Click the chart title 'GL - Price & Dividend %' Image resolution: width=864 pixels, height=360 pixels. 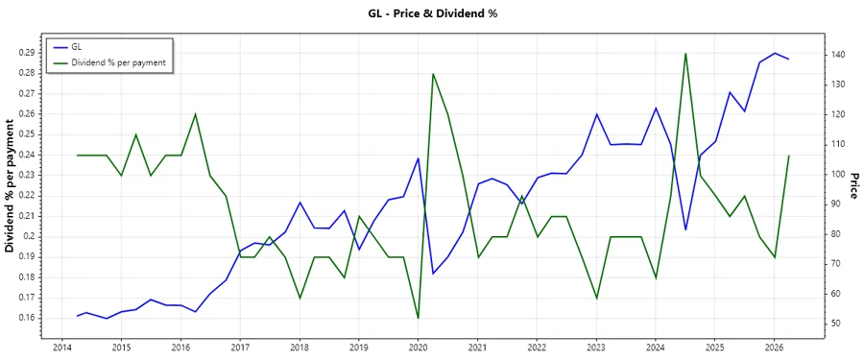[432, 13]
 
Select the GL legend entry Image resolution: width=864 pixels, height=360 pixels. [77, 47]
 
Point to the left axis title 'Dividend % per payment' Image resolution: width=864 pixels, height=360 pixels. [11, 186]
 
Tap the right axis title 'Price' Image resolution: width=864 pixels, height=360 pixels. [853, 186]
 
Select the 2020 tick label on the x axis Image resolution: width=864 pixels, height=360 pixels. [418, 347]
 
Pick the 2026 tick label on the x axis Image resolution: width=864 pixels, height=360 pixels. [774, 347]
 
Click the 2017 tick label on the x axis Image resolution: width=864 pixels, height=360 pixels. [240, 347]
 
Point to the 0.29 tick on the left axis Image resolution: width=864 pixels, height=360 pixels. [26, 52]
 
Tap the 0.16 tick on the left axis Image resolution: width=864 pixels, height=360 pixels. [26, 318]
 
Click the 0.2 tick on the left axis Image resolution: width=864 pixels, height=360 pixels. [29, 236]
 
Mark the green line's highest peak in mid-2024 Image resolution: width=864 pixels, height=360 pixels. [684, 54]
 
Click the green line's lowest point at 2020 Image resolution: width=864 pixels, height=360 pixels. [418, 318]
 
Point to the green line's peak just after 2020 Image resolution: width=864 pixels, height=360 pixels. [433, 74]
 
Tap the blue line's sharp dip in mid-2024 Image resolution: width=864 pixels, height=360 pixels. [684, 229]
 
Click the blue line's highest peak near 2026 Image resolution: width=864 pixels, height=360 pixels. [774, 54]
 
